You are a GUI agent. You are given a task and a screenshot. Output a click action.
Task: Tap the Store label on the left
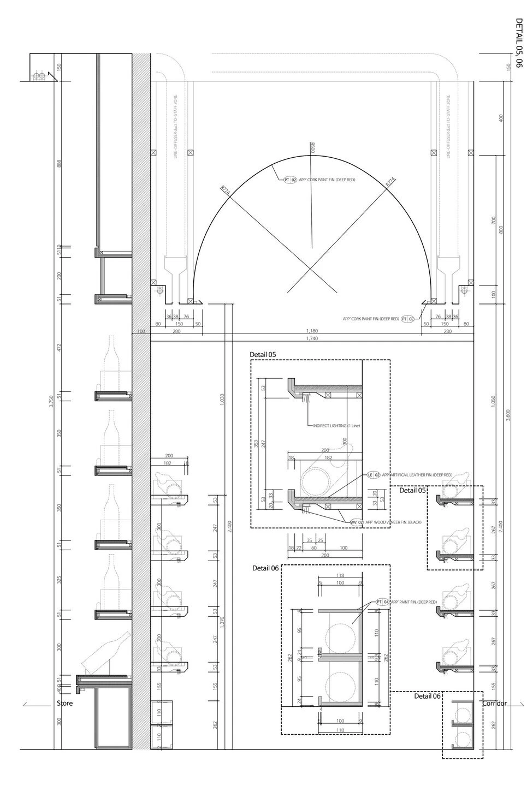pyautogui.click(x=64, y=704)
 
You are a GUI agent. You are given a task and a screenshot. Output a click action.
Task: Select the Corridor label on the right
pyautogui.click(x=494, y=704)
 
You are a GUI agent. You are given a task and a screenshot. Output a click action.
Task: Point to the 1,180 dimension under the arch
pyautogui.click(x=312, y=331)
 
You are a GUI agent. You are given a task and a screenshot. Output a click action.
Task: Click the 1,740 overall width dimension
pyautogui.click(x=312, y=338)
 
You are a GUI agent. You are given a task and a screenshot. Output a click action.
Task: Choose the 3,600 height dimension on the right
pyautogui.click(x=509, y=415)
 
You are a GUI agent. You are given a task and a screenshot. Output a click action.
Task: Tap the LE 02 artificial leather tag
pyautogui.click(x=374, y=475)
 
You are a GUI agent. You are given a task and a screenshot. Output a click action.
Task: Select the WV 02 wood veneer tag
pyautogui.click(x=357, y=522)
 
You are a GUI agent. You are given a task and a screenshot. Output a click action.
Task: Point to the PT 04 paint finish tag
pyautogui.click(x=382, y=602)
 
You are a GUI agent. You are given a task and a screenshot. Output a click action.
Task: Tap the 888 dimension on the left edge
pyautogui.click(x=59, y=163)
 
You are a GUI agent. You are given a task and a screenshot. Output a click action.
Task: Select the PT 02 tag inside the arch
pyautogui.click(x=290, y=180)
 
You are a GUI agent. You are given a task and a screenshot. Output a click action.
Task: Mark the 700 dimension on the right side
pyautogui.click(x=494, y=219)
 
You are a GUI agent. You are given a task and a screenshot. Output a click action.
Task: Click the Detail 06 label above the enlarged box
pyautogui.click(x=265, y=568)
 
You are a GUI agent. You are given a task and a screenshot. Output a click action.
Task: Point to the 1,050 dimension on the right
pyautogui.click(x=493, y=401)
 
